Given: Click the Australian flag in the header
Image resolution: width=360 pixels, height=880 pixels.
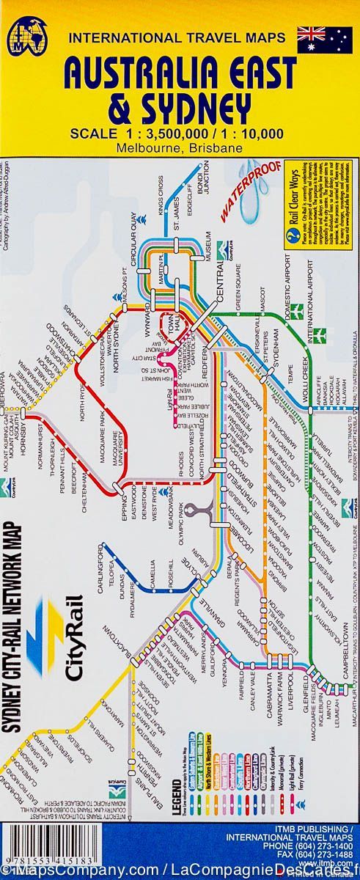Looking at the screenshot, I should [326, 40].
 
